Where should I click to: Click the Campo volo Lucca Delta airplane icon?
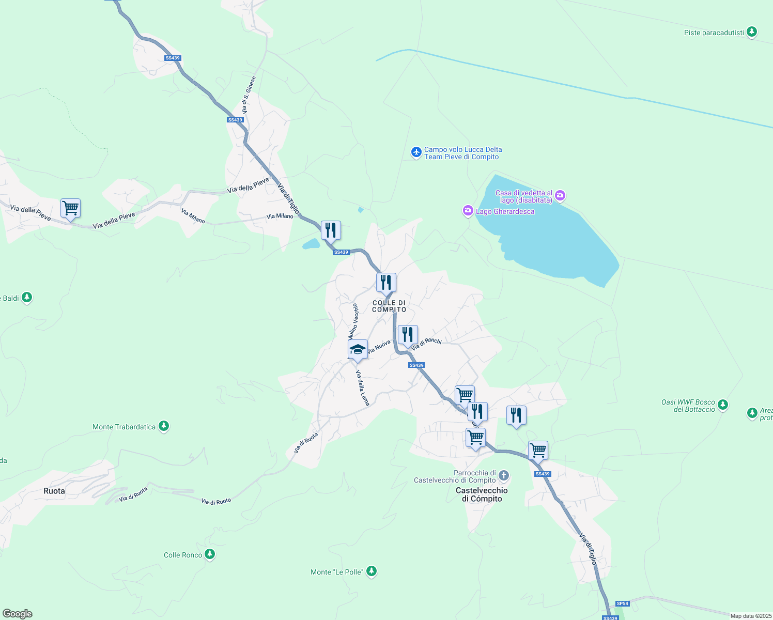(x=416, y=152)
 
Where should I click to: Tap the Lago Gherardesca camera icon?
(x=468, y=211)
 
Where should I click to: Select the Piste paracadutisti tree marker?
(x=752, y=32)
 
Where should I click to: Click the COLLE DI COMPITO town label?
(x=389, y=306)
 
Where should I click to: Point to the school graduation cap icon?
(x=358, y=350)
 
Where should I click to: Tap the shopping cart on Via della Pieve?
(x=70, y=208)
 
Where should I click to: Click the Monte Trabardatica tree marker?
(x=164, y=426)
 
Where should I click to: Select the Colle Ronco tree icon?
(x=209, y=554)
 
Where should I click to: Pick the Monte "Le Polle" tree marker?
(x=371, y=571)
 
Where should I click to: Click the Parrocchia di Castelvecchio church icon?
(x=504, y=475)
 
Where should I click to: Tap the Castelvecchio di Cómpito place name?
(x=482, y=494)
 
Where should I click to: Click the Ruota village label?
(x=54, y=491)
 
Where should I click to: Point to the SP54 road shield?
(x=623, y=603)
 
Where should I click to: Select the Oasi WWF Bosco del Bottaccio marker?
(x=723, y=405)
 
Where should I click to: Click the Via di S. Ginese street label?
(x=249, y=96)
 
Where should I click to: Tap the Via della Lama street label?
(x=363, y=388)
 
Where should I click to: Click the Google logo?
(x=18, y=614)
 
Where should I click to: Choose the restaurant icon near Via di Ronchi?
(x=408, y=335)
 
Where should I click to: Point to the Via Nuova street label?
(x=379, y=346)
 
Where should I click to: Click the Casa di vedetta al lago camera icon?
(x=560, y=196)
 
